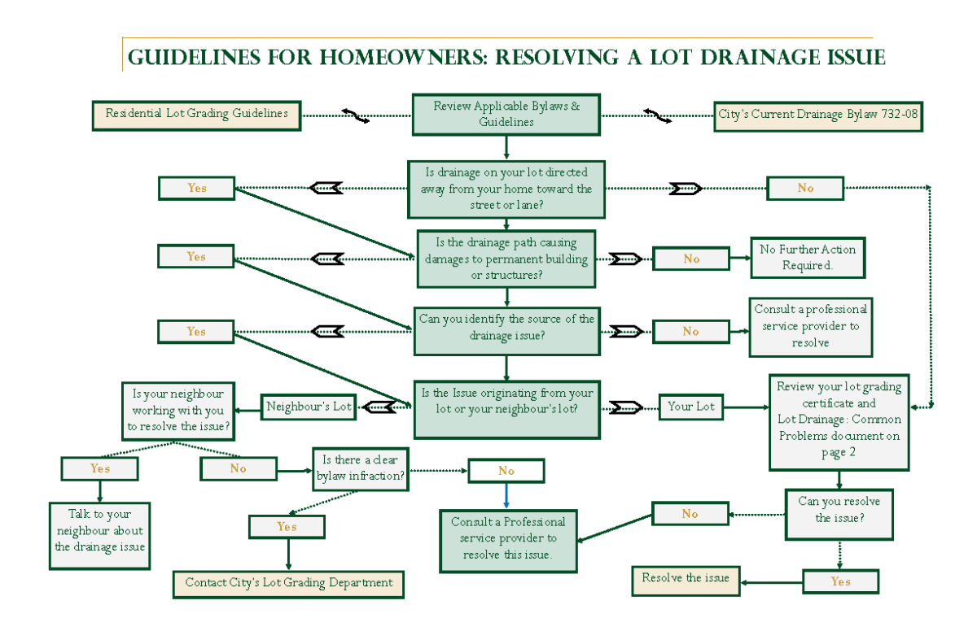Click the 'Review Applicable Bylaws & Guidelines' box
(x=506, y=115)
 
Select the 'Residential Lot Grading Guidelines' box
(x=196, y=115)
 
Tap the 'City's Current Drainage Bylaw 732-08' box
(x=817, y=115)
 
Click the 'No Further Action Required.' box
(x=807, y=258)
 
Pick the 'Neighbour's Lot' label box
(x=309, y=407)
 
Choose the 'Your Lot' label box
(x=691, y=407)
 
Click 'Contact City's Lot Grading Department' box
(x=288, y=583)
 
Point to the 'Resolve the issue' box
(x=686, y=579)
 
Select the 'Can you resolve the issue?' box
(x=839, y=513)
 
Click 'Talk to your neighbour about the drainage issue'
(x=99, y=530)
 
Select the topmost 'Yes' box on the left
(x=196, y=188)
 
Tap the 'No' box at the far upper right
(x=805, y=188)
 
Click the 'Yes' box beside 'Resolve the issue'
(x=840, y=581)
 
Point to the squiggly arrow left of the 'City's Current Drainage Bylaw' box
(x=657, y=115)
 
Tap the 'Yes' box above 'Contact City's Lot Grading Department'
(x=287, y=527)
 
